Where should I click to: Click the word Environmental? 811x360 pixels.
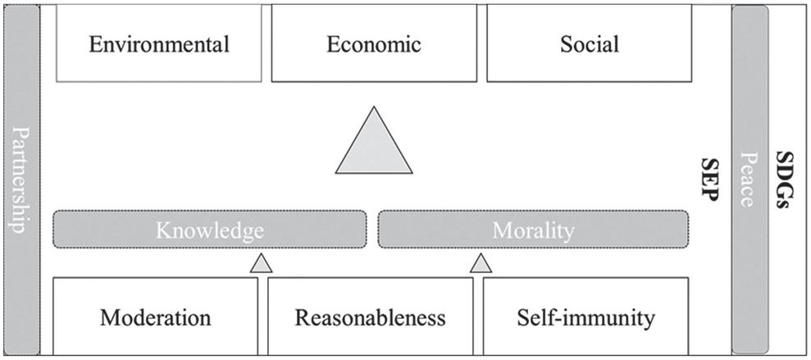(x=159, y=44)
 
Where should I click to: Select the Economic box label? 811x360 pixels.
(x=373, y=44)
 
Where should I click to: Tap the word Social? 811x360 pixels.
(x=589, y=44)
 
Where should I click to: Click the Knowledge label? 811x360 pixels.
(x=209, y=231)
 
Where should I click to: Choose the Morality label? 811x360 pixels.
(x=533, y=231)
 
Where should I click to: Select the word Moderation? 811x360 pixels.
(x=156, y=317)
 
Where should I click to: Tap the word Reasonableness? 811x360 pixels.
(x=371, y=317)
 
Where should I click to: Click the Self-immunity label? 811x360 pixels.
(x=585, y=317)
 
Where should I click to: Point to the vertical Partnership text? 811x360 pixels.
(x=21, y=180)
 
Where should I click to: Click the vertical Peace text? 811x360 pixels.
(x=749, y=179)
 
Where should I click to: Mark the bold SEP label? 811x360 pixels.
(x=709, y=180)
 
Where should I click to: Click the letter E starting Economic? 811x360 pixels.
(x=333, y=45)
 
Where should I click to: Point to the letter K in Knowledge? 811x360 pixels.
(x=164, y=230)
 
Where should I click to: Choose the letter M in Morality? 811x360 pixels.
(x=502, y=230)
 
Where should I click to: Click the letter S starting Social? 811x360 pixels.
(x=567, y=45)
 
